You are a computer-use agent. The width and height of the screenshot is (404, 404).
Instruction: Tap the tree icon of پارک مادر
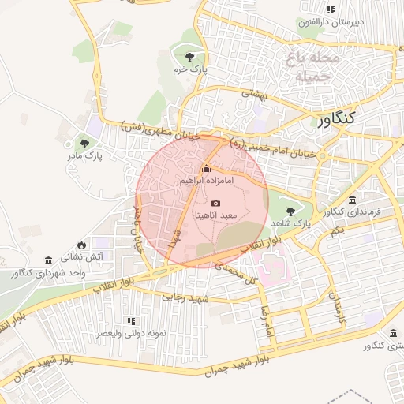point(84,143)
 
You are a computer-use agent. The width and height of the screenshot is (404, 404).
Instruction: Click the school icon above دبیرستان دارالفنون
point(331,9)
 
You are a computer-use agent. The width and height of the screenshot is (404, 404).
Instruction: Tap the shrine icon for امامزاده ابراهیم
point(206,168)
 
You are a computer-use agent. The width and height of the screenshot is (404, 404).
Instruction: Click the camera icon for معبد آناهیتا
point(216,203)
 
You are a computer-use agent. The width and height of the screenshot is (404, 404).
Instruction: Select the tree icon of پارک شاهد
point(291,211)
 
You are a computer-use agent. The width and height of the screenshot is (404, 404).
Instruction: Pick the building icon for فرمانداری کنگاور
point(351,199)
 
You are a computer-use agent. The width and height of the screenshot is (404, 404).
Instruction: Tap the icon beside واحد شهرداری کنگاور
point(49,260)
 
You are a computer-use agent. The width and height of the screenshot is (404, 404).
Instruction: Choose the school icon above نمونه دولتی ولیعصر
point(131,321)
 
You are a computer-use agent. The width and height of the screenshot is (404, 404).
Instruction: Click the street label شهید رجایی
point(184,297)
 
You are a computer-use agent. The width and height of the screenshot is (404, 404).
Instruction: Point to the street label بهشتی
point(255,93)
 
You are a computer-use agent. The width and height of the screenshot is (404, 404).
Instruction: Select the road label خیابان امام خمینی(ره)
point(272,150)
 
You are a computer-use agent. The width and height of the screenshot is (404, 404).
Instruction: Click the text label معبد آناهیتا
point(216,215)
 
